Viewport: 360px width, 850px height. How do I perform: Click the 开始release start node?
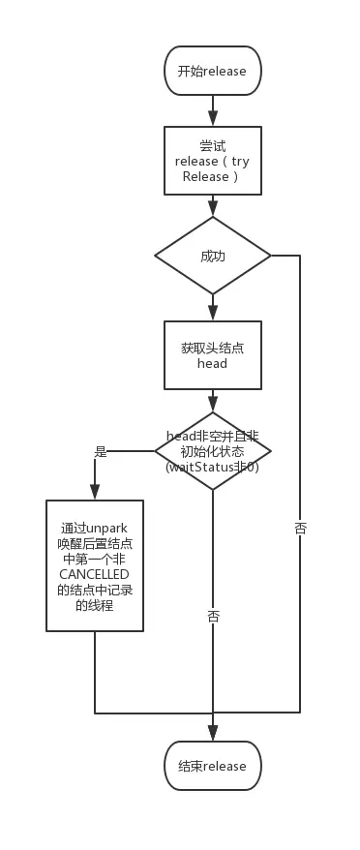pyautogui.click(x=213, y=71)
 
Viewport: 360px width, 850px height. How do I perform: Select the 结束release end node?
pyautogui.click(x=213, y=766)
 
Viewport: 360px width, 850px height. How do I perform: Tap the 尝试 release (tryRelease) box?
pyautogui.click(x=213, y=161)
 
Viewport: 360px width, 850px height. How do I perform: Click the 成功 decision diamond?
pyautogui.click(x=213, y=256)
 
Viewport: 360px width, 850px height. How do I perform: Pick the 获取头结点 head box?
pyautogui.click(x=213, y=355)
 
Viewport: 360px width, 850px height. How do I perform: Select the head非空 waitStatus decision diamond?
pyautogui.click(x=213, y=450)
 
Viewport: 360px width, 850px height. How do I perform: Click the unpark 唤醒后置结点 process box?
pyautogui.click(x=95, y=565)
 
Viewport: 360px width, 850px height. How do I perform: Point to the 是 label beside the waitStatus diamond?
pyautogui.click(x=101, y=451)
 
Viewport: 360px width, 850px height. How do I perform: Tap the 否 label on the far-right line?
pyautogui.click(x=300, y=529)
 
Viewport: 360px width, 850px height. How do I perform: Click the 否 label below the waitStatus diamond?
pyautogui.click(x=213, y=617)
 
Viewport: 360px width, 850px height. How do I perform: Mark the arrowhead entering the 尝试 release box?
pyautogui.click(x=213, y=119)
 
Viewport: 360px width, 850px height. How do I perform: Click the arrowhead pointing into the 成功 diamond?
pyautogui.click(x=213, y=210)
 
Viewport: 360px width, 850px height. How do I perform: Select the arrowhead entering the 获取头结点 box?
pyautogui.click(x=213, y=314)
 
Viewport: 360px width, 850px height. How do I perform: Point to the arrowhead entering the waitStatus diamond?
pyautogui.click(x=213, y=405)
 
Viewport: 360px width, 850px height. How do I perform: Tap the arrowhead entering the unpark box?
pyautogui.click(x=95, y=493)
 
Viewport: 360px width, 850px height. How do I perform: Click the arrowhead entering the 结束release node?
pyautogui.click(x=213, y=734)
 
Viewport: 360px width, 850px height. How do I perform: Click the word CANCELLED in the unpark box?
pyautogui.click(x=94, y=574)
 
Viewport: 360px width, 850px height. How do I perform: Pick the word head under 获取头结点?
pyautogui.click(x=212, y=363)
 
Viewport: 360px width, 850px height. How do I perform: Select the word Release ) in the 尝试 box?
pyautogui.click(x=210, y=177)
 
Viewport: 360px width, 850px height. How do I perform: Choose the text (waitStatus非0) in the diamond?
pyautogui.click(x=213, y=468)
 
